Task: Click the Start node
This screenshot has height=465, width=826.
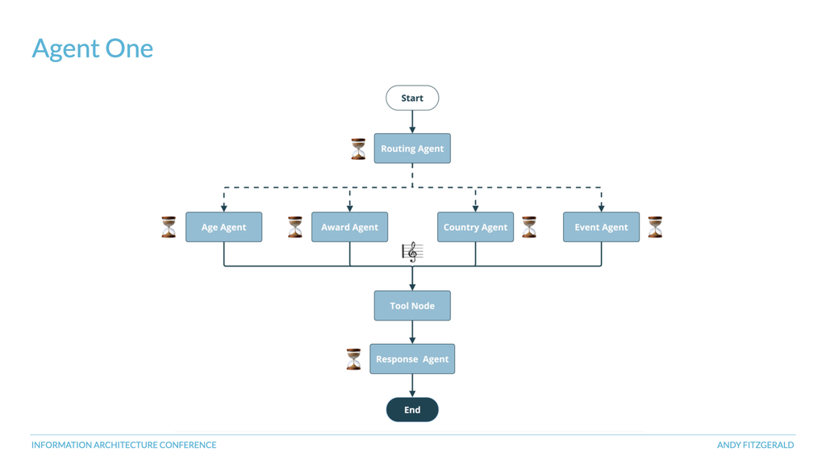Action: [412, 98]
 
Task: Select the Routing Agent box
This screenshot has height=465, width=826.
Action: [412, 149]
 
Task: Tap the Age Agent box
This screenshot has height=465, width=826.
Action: [223, 227]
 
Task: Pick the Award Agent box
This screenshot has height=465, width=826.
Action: [349, 227]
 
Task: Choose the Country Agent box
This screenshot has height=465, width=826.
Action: [475, 227]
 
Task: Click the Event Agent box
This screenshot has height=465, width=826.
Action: [601, 227]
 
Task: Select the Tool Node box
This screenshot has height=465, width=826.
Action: [412, 306]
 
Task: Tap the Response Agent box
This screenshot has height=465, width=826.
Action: [412, 359]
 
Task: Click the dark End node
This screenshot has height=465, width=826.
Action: [412, 409]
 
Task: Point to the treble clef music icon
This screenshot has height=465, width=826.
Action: [412, 252]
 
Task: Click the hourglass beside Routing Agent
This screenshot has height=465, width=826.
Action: [358, 149]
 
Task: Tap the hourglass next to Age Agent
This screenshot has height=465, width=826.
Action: [169, 227]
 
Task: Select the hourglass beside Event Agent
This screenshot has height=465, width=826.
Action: [655, 227]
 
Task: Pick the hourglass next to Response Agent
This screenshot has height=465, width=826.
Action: [353, 359]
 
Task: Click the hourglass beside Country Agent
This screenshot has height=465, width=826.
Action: [529, 227]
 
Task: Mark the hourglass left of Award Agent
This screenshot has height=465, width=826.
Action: [295, 227]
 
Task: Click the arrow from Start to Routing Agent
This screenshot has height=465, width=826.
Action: [412, 122]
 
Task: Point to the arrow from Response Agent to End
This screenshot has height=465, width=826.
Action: [412, 385]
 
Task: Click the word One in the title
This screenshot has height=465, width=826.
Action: [129, 48]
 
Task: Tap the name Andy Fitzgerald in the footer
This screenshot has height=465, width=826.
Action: [755, 445]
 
